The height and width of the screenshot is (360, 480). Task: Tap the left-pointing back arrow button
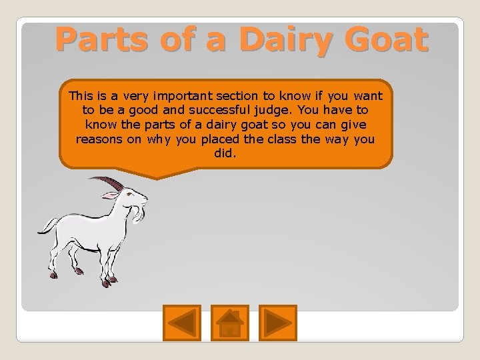(181, 322)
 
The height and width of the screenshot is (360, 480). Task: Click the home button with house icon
(230, 322)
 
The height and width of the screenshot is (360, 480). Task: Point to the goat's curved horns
(107, 182)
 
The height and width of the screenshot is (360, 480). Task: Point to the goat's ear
(109, 195)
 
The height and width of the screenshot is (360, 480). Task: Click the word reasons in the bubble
(98, 139)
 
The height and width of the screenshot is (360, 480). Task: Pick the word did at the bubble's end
(225, 154)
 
